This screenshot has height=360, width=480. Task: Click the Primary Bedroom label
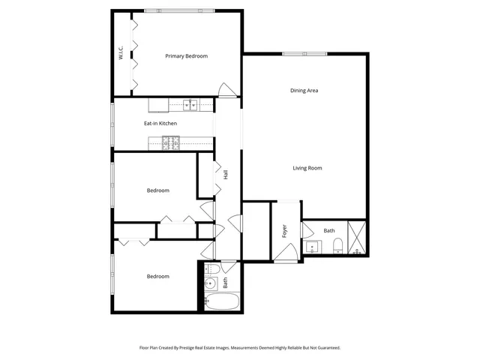point(186,56)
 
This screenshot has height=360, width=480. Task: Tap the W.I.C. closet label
point(120,53)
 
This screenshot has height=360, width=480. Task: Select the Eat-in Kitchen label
point(160,123)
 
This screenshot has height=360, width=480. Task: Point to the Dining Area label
point(304,91)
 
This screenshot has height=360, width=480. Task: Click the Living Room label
point(307,168)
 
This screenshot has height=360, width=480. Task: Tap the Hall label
point(225,174)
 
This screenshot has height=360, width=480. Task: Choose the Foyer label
point(285,231)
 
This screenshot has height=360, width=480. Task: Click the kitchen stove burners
point(172,139)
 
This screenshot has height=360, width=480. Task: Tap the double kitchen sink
point(190,105)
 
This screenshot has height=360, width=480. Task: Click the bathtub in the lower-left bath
point(222,301)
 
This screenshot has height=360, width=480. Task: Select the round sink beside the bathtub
point(211,283)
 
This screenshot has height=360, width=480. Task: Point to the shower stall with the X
point(358,238)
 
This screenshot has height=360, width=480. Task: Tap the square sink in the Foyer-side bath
point(313,245)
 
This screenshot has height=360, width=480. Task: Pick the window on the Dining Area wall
point(304,53)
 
